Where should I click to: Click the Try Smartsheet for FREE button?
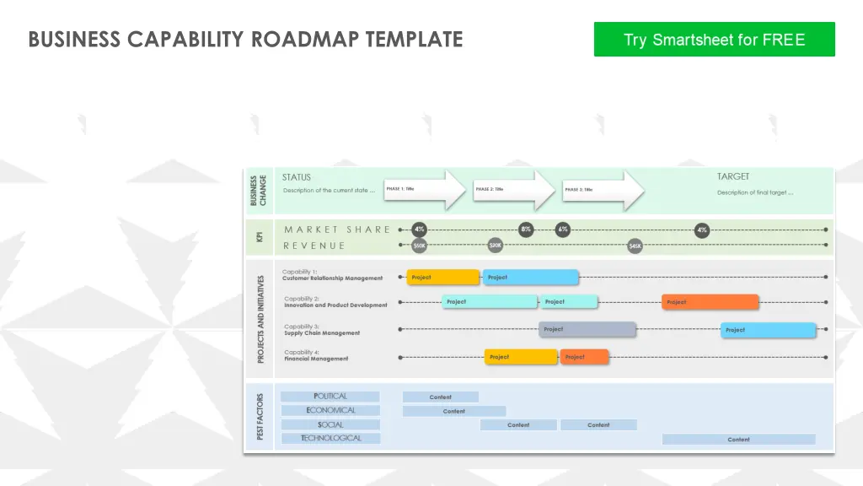(x=714, y=40)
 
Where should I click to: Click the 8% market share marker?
(x=526, y=229)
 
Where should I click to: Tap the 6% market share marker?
(x=563, y=229)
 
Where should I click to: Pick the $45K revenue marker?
(x=635, y=246)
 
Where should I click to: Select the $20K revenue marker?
(x=496, y=245)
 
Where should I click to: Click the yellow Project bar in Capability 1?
(x=443, y=277)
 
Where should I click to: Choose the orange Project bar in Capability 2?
(x=710, y=302)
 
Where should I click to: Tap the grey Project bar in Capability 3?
(x=587, y=329)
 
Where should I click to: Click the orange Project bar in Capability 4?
(x=584, y=357)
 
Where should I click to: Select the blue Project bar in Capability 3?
(x=769, y=330)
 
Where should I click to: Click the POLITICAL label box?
(x=330, y=397)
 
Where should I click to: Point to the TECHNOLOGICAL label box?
(x=330, y=439)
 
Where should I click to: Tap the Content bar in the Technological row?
(x=738, y=440)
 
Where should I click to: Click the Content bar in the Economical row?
(x=453, y=411)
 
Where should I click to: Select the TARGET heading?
(x=733, y=176)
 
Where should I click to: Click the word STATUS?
(x=296, y=177)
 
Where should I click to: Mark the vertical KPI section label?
(x=259, y=238)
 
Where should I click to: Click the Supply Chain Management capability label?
(x=321, y=333)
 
